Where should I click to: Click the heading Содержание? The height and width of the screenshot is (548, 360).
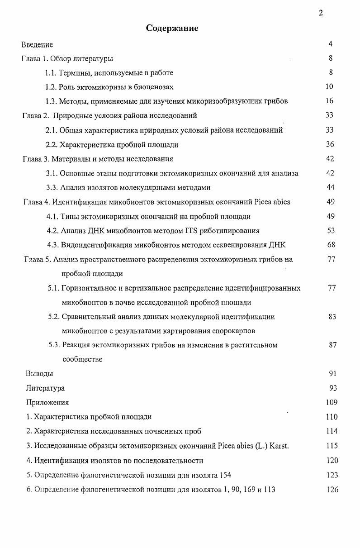172,28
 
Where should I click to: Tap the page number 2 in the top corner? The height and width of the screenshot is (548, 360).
321,13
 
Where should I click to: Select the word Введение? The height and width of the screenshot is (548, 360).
37,44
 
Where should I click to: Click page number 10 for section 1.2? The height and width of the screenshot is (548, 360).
329,86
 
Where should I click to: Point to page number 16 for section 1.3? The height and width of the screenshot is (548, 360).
329,101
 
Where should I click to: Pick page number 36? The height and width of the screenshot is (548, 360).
329,144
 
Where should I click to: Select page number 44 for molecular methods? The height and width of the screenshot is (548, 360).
330,187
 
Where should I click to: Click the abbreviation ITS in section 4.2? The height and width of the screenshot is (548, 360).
191,231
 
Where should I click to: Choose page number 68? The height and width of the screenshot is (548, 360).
331,245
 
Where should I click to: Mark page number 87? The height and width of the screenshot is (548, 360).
332,345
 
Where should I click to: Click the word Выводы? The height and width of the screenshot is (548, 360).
39,374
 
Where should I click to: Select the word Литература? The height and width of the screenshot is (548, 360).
45,388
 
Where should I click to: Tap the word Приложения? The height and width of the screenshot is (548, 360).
47,402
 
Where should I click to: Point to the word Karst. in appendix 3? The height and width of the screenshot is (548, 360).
279,446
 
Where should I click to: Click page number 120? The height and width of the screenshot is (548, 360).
332,460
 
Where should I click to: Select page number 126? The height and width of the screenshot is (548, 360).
332,490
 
